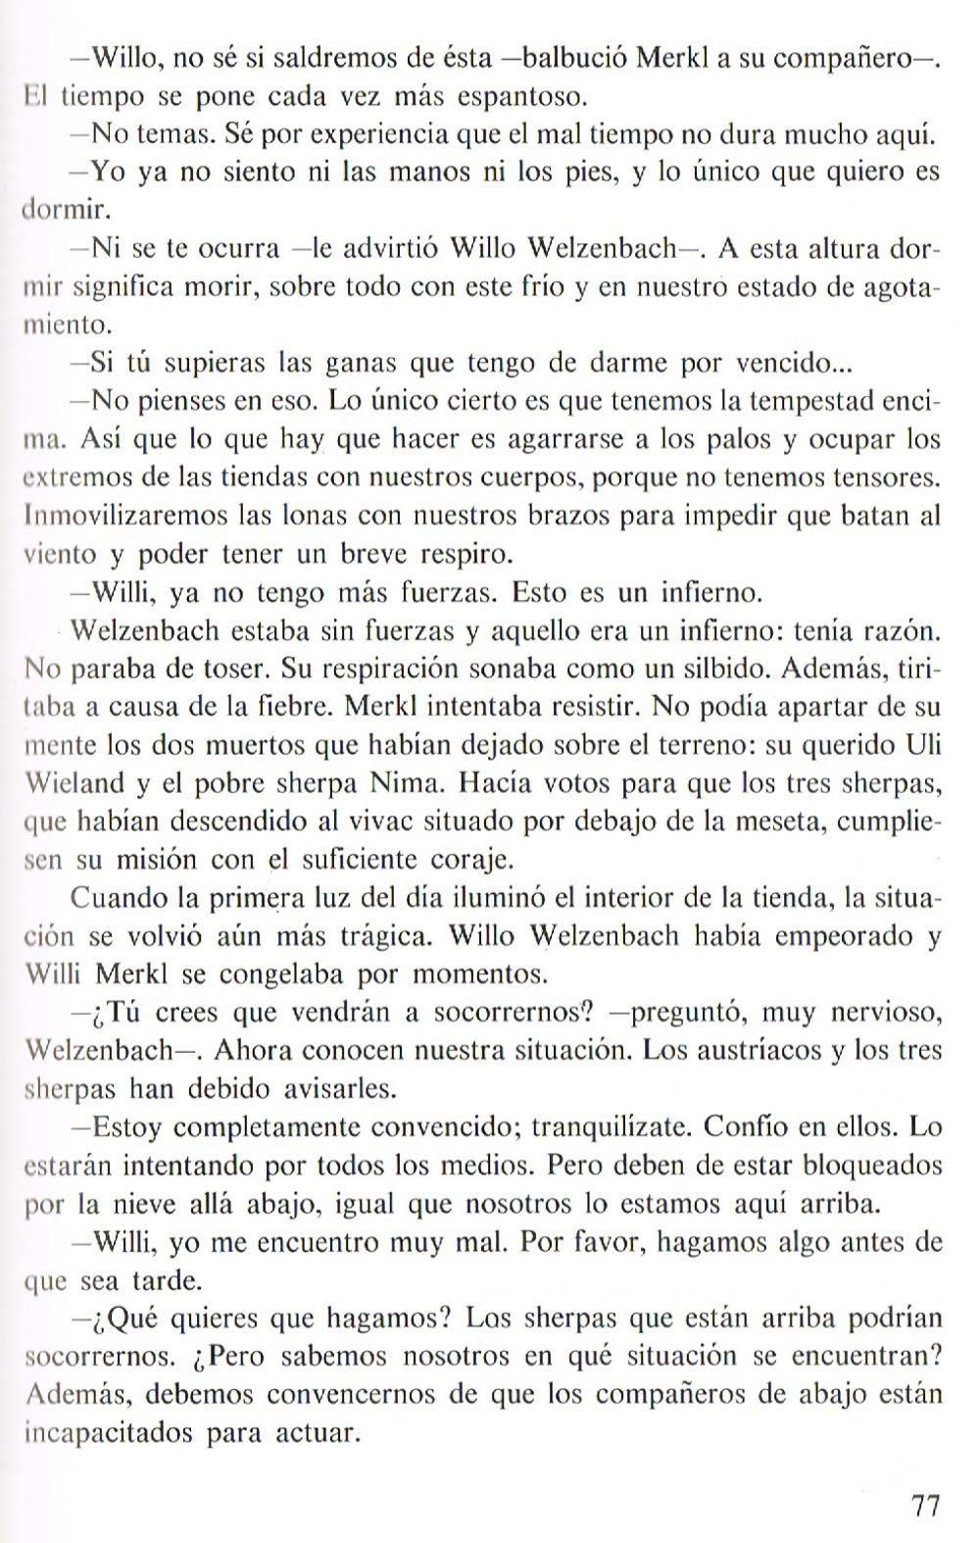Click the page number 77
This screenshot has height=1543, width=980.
pyautogui.click(x=925, y=1505)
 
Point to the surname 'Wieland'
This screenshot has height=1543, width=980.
pyautogui.click(x=75, y=783)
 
